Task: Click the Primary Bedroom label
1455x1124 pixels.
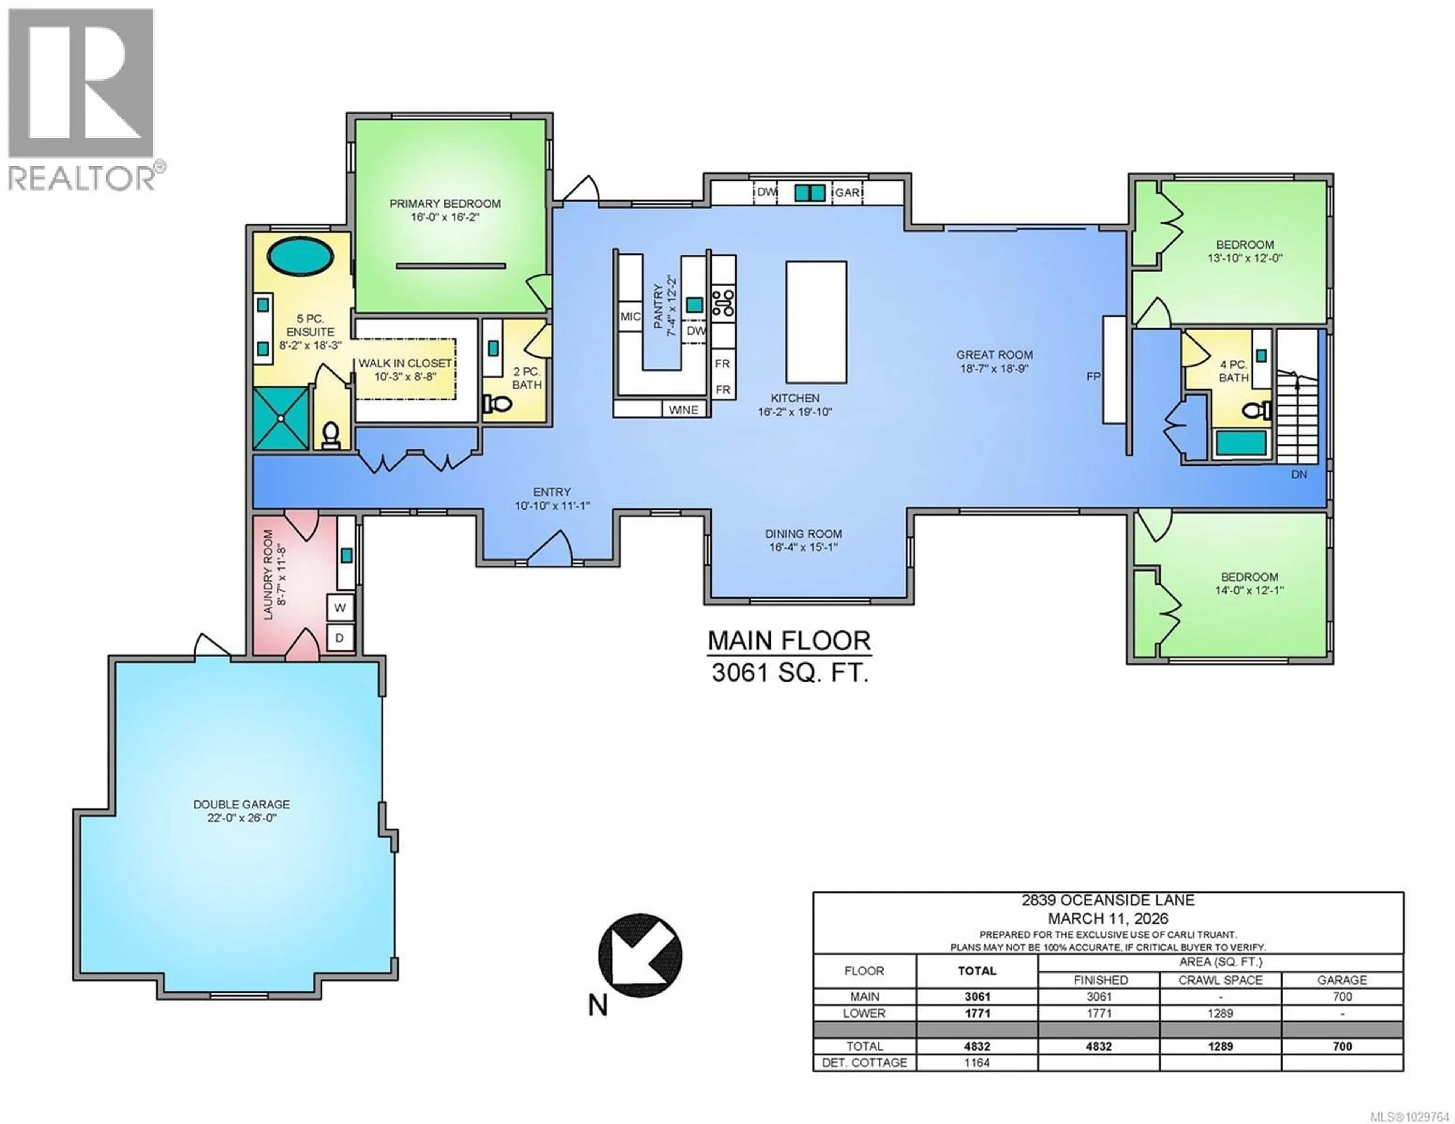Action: click(x=444, y=204)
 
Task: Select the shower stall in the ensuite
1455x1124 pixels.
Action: click(x=280, y=418)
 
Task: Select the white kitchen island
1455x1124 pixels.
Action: click(x=816, y=322)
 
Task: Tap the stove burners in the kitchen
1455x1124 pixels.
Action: click(x=723, y=302)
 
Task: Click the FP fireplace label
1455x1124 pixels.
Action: click(x=1093, y=377)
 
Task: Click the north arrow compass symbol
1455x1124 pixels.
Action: click(x=640, y=955)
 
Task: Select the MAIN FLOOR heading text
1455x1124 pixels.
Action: click(x=789, y=641)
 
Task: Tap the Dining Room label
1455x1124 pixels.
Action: click(x=803, y=534)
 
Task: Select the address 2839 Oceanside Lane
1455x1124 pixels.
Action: click(x=1108, y=900)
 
